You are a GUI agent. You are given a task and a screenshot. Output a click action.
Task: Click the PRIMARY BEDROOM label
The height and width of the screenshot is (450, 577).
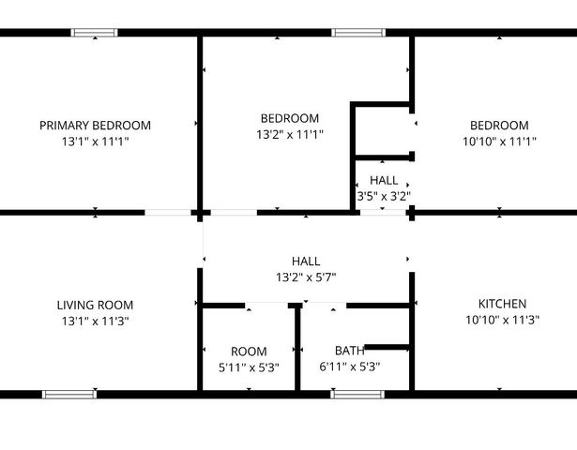(95, 126)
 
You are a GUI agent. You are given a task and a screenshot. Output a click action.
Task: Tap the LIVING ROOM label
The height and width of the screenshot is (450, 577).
(95, 305)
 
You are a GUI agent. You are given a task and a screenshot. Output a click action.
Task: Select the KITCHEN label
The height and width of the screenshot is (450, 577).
(502, 305)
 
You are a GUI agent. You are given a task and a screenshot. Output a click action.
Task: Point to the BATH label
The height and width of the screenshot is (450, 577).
(350, 352)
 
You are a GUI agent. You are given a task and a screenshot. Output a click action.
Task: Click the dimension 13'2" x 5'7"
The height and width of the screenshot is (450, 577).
(306, 277)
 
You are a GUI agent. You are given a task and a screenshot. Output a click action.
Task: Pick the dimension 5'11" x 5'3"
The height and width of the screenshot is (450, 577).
(249, 367)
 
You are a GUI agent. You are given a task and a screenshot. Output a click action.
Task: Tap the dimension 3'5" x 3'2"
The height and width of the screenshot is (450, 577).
(384, 196)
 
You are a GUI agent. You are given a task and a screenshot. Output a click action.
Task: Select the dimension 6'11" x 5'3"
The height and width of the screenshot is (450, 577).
(350, 367)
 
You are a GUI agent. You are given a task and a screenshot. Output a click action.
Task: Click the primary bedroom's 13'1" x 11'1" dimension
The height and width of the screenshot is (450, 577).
(95, 142)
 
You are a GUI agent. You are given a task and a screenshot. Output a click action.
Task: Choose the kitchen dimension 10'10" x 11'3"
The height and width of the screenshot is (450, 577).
(502, 321)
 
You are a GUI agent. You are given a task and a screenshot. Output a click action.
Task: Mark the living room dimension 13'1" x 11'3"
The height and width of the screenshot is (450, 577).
(95, 321)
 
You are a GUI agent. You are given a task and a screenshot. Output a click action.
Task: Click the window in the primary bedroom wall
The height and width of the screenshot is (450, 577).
(96, 33)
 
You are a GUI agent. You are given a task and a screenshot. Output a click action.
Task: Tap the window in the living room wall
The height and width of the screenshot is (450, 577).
(69, 395)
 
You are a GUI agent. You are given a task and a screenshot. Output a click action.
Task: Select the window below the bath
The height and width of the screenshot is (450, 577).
(357, 395)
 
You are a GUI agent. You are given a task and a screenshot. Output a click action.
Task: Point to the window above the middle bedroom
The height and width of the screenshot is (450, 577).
(359, 33)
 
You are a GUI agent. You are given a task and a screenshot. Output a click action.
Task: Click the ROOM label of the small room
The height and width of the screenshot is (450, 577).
(249, 352)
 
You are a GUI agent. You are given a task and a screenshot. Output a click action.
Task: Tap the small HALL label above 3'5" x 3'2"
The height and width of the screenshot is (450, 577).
(384, 180)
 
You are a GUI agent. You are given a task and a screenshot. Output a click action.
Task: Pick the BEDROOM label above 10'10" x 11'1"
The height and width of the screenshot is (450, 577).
(499, 126)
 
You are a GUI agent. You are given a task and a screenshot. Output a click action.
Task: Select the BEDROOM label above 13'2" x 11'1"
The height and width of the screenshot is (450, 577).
(289, 118)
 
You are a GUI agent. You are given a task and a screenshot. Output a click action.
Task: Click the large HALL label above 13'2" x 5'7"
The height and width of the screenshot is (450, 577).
(306, 261)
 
